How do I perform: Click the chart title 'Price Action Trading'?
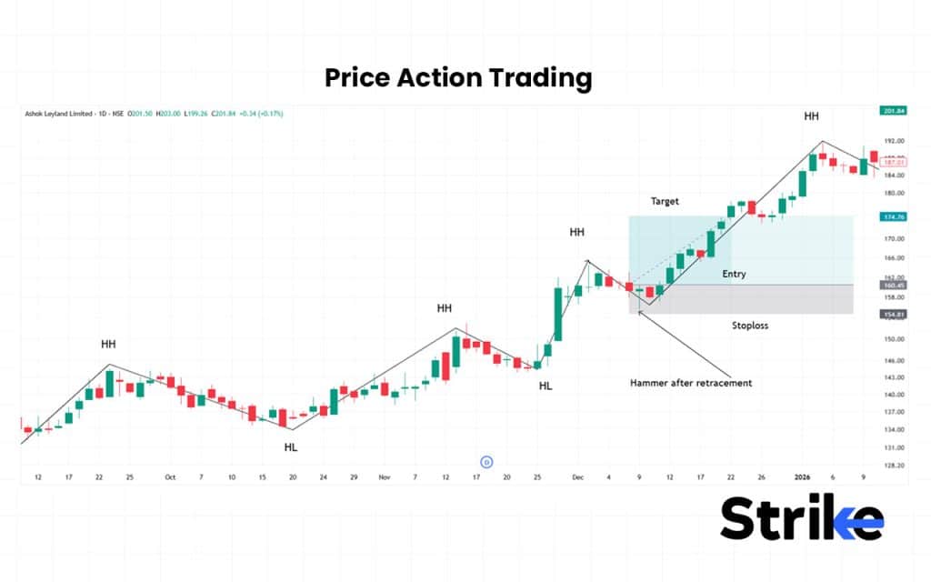pyautogui.click(x=458, y=78)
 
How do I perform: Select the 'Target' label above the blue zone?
pyautogui.click(x=665, y=201)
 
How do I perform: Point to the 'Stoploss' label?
pyautogui.click(x=750, y=325)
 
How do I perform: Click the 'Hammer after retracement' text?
pyautogui.click(x=691, y=383)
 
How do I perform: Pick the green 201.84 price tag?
pyautogui.click(x=894, y=111)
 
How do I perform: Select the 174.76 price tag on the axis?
pyautogui.click(x=894, y=217)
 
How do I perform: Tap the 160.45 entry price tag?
pyautogui.click(x=894, y=285)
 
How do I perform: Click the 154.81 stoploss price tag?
pyautogui.click(x=894, y=314)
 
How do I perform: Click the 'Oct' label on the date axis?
pyautogui.click(x=170, y=477)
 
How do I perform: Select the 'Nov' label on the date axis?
pyautogui.click(x=384, y=477)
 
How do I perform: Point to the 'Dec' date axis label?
pyautogui.click(x=578, y=477)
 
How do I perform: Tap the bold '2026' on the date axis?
pyautogui.click(x=801, y=477)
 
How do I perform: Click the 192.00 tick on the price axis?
pyautogui.click(x=893, y=142)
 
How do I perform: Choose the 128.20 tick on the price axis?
pyautogui.click(x=893, y=466)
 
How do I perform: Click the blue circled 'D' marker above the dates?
pyautogui.click(x=486, y=462)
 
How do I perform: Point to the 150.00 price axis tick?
pyautogui.click(x=893, y=339)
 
